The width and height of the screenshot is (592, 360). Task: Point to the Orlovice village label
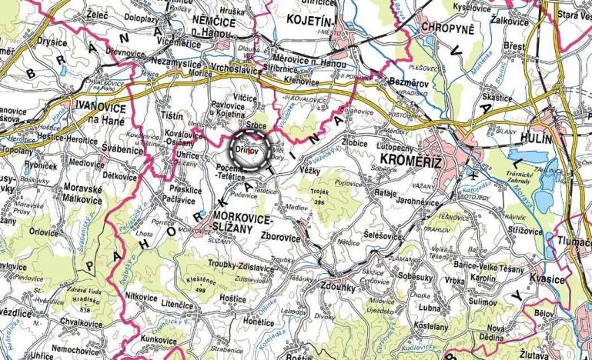[x=43, y=231]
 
